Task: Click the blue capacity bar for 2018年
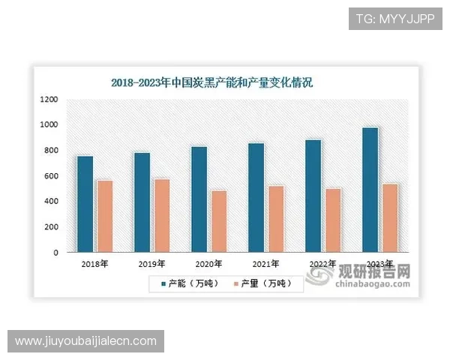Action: [85, 204]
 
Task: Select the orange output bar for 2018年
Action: [104, 216]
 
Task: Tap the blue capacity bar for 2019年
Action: [142, 202]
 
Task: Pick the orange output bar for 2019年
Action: [161, 215]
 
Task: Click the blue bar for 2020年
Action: [199, 199]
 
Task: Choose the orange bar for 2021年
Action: [275, 219]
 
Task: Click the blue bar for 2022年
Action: [313, 196]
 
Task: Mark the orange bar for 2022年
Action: [332, 220]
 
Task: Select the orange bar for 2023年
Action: [389, 218]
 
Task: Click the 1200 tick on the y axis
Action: [49, 99]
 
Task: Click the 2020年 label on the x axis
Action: [208, 264]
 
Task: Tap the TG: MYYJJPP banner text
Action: [394, 17]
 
